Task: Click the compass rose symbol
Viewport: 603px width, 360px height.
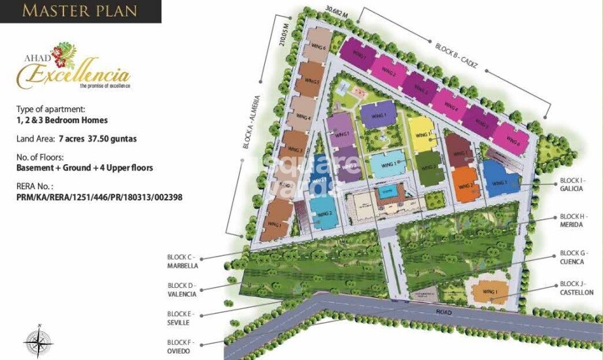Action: pos(38,342)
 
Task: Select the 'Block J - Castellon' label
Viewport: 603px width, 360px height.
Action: pos(576,288)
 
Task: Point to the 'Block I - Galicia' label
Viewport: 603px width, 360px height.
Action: pos(573,184)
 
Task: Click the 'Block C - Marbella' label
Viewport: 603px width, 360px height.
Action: pos(182,262)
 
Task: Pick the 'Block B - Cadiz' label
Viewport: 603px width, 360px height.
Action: pos(457,57)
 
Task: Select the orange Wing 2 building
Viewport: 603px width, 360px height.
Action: pos(466,184)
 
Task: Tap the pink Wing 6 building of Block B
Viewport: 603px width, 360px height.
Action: pos(507,139)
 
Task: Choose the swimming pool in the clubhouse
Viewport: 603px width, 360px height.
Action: pos(385,194)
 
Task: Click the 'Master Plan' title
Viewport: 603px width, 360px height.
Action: pos(80,11)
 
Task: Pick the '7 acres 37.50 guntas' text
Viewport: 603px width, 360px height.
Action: pos(98,139)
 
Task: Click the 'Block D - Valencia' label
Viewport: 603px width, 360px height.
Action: pos(182,290)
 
